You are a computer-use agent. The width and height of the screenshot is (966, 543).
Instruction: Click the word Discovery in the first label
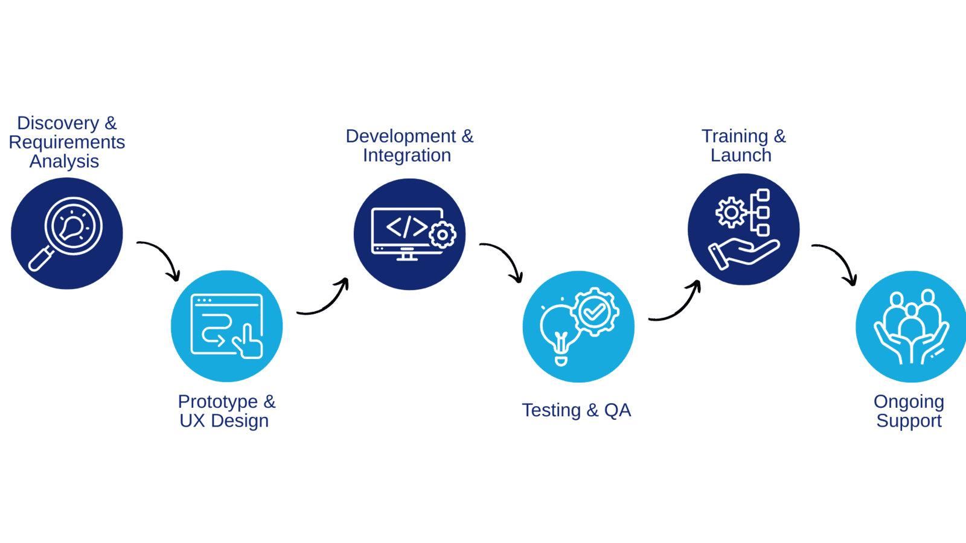(57, 123)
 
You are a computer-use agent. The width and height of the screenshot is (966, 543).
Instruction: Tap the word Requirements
(67, 142)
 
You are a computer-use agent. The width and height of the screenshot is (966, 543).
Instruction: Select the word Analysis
(65, 162)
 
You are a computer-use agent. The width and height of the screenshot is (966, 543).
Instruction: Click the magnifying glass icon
(66, 233)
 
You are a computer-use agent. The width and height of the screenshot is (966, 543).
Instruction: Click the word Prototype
(217, 402)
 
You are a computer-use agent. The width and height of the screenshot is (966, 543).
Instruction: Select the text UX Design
(224, 421)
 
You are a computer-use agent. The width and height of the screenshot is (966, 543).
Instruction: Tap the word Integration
(407, 156)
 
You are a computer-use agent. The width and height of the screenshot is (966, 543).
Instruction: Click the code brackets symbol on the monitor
(406, 227)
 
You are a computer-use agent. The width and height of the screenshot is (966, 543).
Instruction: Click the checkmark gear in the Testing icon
(595, 311)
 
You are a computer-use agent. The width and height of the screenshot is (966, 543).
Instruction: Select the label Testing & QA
(577, 411)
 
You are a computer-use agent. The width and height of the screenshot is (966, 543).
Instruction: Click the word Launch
(741, 156)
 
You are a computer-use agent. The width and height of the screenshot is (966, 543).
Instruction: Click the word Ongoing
(909, 402)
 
